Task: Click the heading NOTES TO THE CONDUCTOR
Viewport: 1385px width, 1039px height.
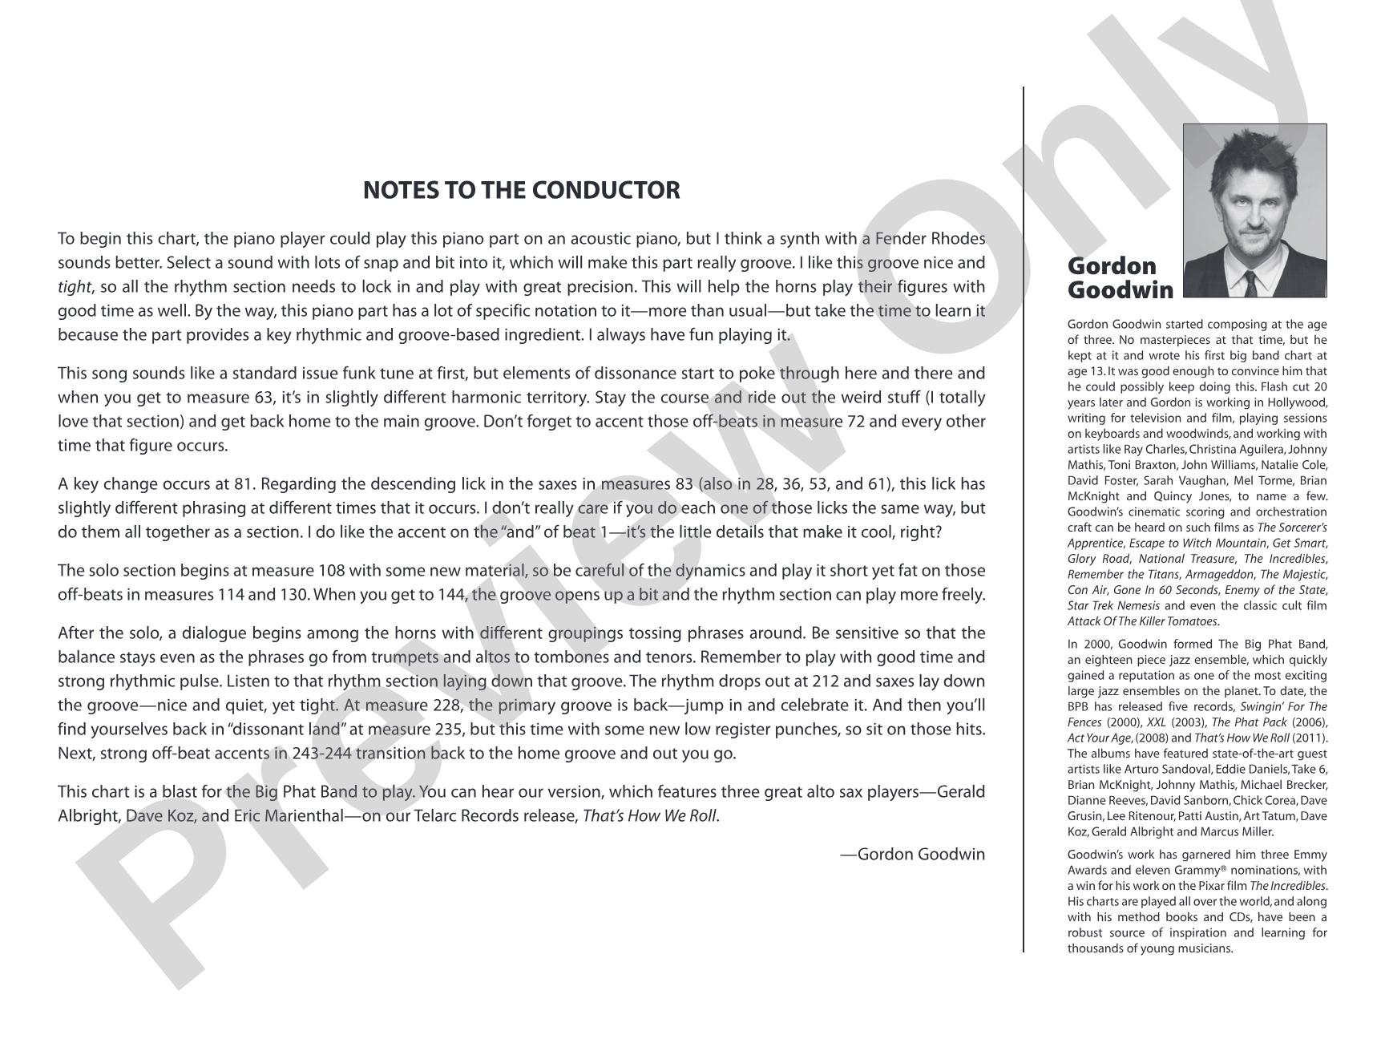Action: click(x=521, y=191)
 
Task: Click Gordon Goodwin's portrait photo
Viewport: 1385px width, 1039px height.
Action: click(x=1254, y=210)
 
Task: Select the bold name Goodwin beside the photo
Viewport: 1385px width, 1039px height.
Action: click(x=1120, y=290)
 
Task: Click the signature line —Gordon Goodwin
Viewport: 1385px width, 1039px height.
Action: click(x=912, y=854)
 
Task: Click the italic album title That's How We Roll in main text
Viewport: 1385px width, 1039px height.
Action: click(x=650, y=816)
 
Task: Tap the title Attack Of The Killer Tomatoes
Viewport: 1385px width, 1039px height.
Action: click(x=1142, y=621)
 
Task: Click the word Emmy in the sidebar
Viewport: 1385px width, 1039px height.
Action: click(x=1311, y=855)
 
